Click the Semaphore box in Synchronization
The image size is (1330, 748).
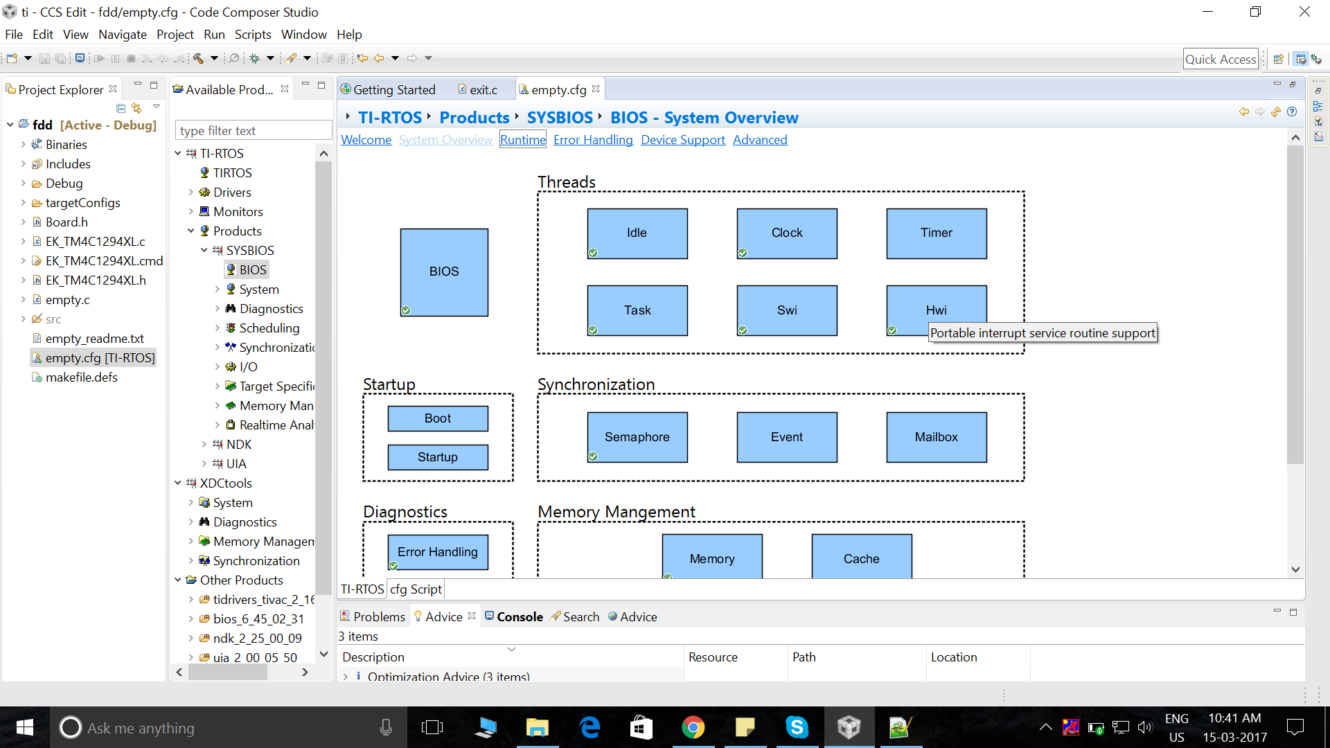pos(637,437)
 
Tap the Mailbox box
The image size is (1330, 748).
pos(937,437)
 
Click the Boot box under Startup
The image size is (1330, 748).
pos(438,418)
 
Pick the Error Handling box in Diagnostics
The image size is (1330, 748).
pos(438,552)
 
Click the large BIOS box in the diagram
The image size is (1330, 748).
pos(444,272)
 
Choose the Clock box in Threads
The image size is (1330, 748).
pos(787,233)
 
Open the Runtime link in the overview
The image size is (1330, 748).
pos(523,140)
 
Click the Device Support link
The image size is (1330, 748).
pos(683,140)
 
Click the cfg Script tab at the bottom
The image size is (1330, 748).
pos(416,589)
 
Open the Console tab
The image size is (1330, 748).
pos(513,616)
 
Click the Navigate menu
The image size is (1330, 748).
pos(123,35)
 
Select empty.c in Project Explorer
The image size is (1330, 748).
pos(67,300)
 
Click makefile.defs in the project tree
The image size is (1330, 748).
pos(81,377)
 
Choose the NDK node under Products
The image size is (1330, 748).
pos(238,445)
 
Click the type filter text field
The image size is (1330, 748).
pos(254,131)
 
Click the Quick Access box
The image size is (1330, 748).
pos(1221,60)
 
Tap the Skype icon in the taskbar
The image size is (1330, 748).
pos(797,727)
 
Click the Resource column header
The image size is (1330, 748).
pos(713,657)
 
